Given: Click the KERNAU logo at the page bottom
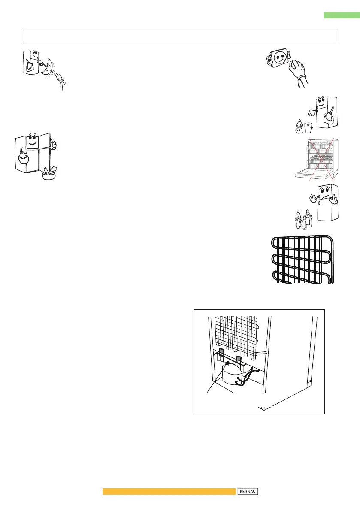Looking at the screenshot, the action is click(x=248, y=491).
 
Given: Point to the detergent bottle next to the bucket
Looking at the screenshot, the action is click(x=299, y=127).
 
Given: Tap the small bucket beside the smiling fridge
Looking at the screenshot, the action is click(x=308, y=127).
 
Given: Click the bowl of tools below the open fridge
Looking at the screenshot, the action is click(x=49, y=174).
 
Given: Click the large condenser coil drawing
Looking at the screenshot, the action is click(x=302, y=260).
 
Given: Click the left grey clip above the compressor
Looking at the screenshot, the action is click(x=221, y=352).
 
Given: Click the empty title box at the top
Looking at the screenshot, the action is click(x=180, y=36).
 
